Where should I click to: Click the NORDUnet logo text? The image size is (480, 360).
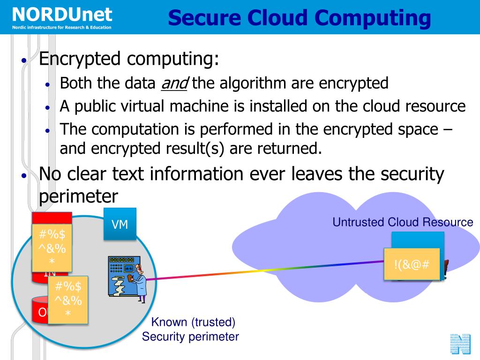click(62, 14)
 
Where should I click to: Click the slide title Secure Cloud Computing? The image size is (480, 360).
click(299, 18)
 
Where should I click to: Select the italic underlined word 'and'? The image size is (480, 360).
click(174, 83)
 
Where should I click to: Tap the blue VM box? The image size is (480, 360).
click(120, 224)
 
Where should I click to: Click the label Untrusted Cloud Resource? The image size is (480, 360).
click(403, 222)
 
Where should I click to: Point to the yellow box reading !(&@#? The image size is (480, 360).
click(412, 264)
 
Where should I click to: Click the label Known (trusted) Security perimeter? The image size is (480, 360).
click(191, 330)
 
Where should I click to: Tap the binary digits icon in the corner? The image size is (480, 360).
click(460, 344)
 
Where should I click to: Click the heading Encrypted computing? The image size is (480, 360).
click(129, 59)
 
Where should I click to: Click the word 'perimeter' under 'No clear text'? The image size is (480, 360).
click(78, 195)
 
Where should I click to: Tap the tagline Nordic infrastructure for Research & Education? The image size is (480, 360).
click(62, 27)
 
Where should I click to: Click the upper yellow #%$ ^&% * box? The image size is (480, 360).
click(52, 247)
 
